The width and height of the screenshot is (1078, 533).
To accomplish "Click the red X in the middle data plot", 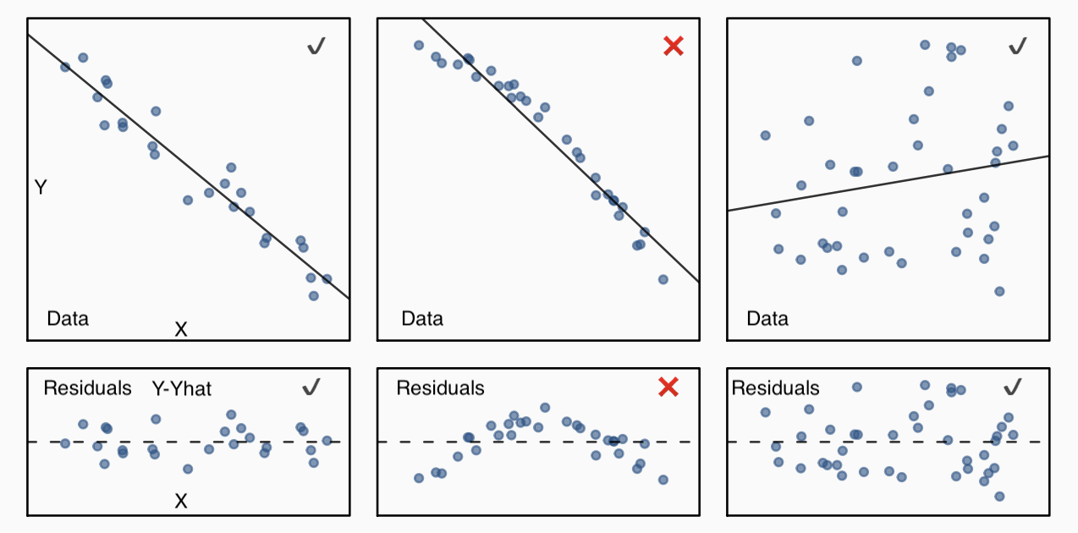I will tap(674, 47).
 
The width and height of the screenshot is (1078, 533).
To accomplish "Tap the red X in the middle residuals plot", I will tap(668, 387).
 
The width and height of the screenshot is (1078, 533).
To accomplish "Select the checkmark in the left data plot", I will tap(316, 47).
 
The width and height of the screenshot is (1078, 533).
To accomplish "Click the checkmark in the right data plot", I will tap(1018, 46).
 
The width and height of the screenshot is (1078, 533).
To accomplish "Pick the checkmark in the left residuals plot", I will tap(311, 387).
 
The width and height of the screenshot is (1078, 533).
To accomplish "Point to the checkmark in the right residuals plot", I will tap(1013, 387).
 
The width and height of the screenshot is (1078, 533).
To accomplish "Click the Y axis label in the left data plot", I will tap(41, 188).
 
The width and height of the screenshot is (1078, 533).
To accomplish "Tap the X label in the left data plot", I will tap(180, 329).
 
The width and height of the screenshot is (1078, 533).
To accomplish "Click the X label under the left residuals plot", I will tap(180, 502).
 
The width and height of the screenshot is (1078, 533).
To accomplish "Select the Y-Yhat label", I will tap(182, 389).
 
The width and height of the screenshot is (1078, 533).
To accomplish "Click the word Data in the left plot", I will tap(68, 319).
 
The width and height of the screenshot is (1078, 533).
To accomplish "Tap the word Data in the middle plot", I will tap(422, 319).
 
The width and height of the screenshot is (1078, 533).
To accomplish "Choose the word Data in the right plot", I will tap(767, 319).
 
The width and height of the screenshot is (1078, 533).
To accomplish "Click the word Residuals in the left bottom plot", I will tap(87, 388).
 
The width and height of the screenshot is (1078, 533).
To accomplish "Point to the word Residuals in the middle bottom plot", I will tap(440, 388).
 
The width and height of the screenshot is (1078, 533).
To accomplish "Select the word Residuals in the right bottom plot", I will tap(775, 388).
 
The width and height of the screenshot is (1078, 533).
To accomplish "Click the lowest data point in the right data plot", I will tap(999, 291).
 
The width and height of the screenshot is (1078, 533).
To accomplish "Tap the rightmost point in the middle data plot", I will tap(663, 279).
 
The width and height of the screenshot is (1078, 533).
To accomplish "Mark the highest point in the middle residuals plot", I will tap(545, 408).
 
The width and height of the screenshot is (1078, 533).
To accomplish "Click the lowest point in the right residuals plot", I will tap(999, 497).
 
